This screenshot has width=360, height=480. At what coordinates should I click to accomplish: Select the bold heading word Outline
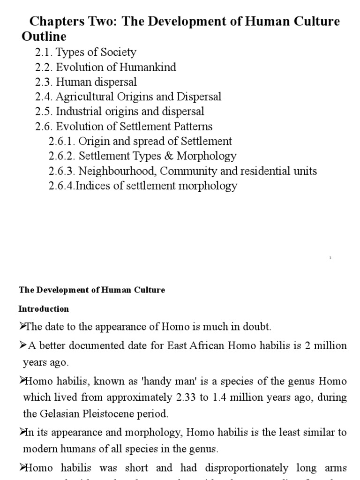pyautogui.click(x=44, y=36)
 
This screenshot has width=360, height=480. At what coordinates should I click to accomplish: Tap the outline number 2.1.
pyautogui.click(x=44, y=52)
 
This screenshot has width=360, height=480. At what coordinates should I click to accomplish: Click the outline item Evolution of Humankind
pyautogui.click(x=116, y=67)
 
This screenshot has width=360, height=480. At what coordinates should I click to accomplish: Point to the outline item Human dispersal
pyautogui.click(x=96, y=82)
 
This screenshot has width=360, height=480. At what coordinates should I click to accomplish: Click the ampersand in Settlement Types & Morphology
pyautogui.click(x=178, y=156)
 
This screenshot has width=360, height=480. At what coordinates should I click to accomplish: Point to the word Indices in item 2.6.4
pyautogui.click(x=92, y=186)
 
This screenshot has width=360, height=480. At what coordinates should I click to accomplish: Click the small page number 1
pyautogui.click(x=330, y=258)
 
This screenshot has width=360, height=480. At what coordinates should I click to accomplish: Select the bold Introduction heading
pyautogui.click(x=44, y=309)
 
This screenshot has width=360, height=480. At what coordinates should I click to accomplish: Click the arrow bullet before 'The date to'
pyautogui.click(x=22, y=325)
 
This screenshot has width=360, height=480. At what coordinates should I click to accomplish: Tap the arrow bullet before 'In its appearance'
pyautogui.click(x=22, y=431)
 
